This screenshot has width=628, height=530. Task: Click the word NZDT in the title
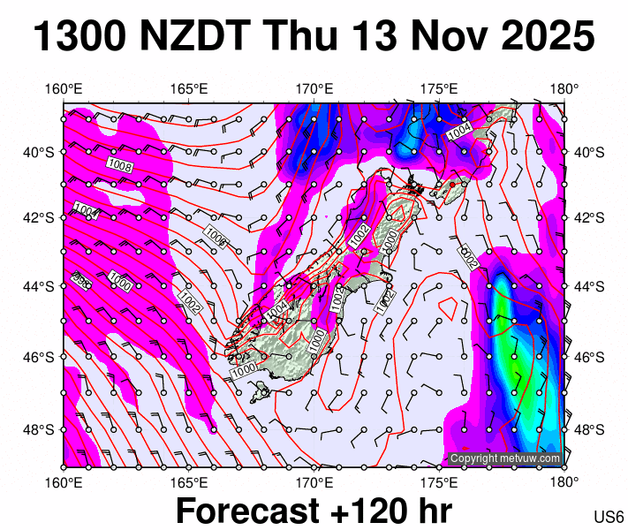[188, 37]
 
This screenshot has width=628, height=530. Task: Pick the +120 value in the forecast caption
[360, 511]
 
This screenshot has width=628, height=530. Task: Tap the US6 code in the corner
[609, 517]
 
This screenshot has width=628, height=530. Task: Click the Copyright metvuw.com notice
[504, 458]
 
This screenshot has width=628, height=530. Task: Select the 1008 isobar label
[119, 165]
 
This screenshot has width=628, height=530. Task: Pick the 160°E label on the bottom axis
[64, 482]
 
